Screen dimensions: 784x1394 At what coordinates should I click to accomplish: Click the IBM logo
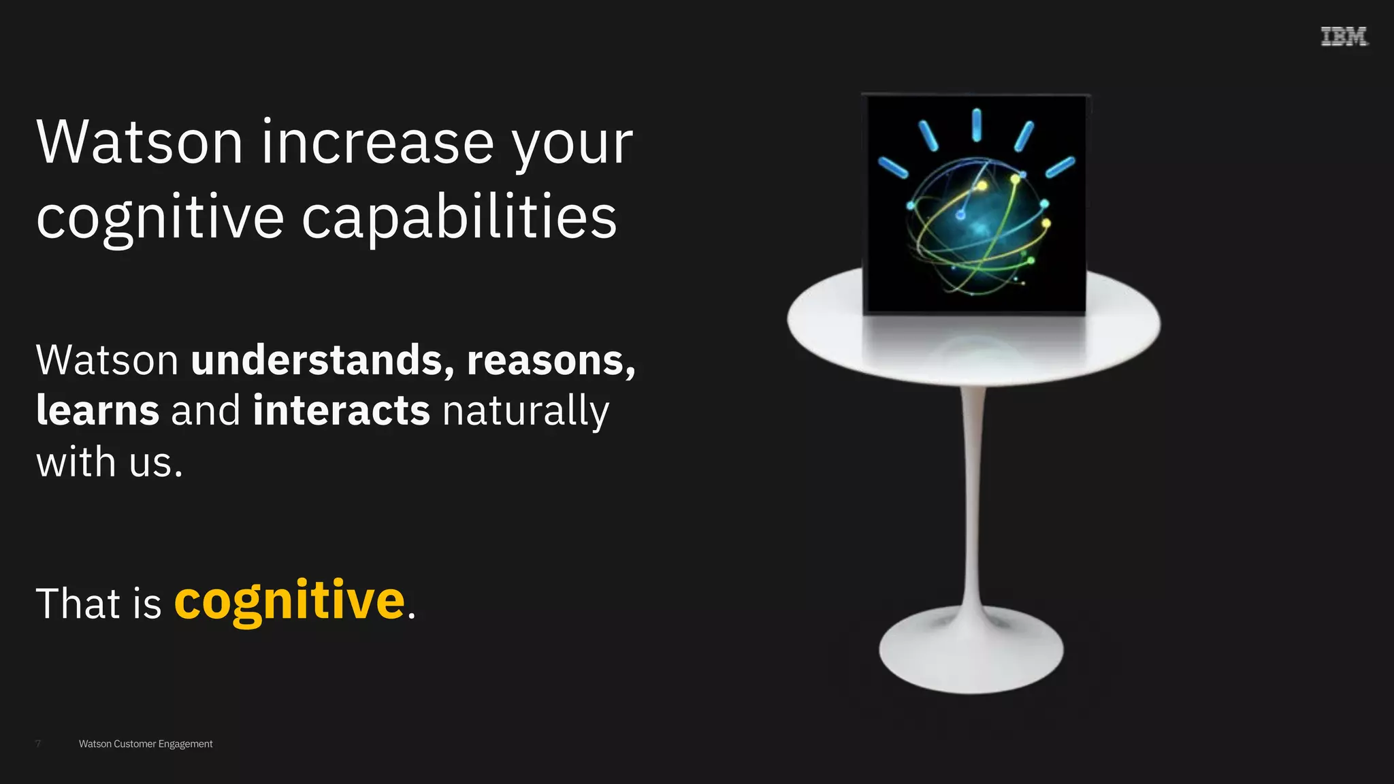tap(1344, 37)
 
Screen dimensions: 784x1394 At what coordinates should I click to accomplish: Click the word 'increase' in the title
tap(378, 142)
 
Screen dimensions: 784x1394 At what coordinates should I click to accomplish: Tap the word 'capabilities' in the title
tap(459, 218)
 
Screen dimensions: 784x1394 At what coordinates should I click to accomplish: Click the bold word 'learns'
tap(98, 410)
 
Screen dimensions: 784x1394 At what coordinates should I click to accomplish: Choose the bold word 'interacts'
tap(341, 410)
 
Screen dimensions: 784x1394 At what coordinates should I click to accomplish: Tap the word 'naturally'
tap(525, 412)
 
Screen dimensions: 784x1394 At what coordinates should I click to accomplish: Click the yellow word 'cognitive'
tap(290, 601)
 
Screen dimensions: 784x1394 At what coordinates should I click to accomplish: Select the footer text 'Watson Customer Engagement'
tap(146, 744)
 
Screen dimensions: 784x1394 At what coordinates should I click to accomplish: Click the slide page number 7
tap(38, 744)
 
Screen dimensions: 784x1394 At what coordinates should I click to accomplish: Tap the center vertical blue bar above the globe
tap(977, 125)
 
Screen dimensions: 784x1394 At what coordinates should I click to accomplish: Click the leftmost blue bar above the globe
tap(893, 167)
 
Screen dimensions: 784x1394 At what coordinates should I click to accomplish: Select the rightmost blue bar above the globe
tap(1060, 167)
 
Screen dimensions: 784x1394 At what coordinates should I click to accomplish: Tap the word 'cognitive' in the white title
tap(160, 218)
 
